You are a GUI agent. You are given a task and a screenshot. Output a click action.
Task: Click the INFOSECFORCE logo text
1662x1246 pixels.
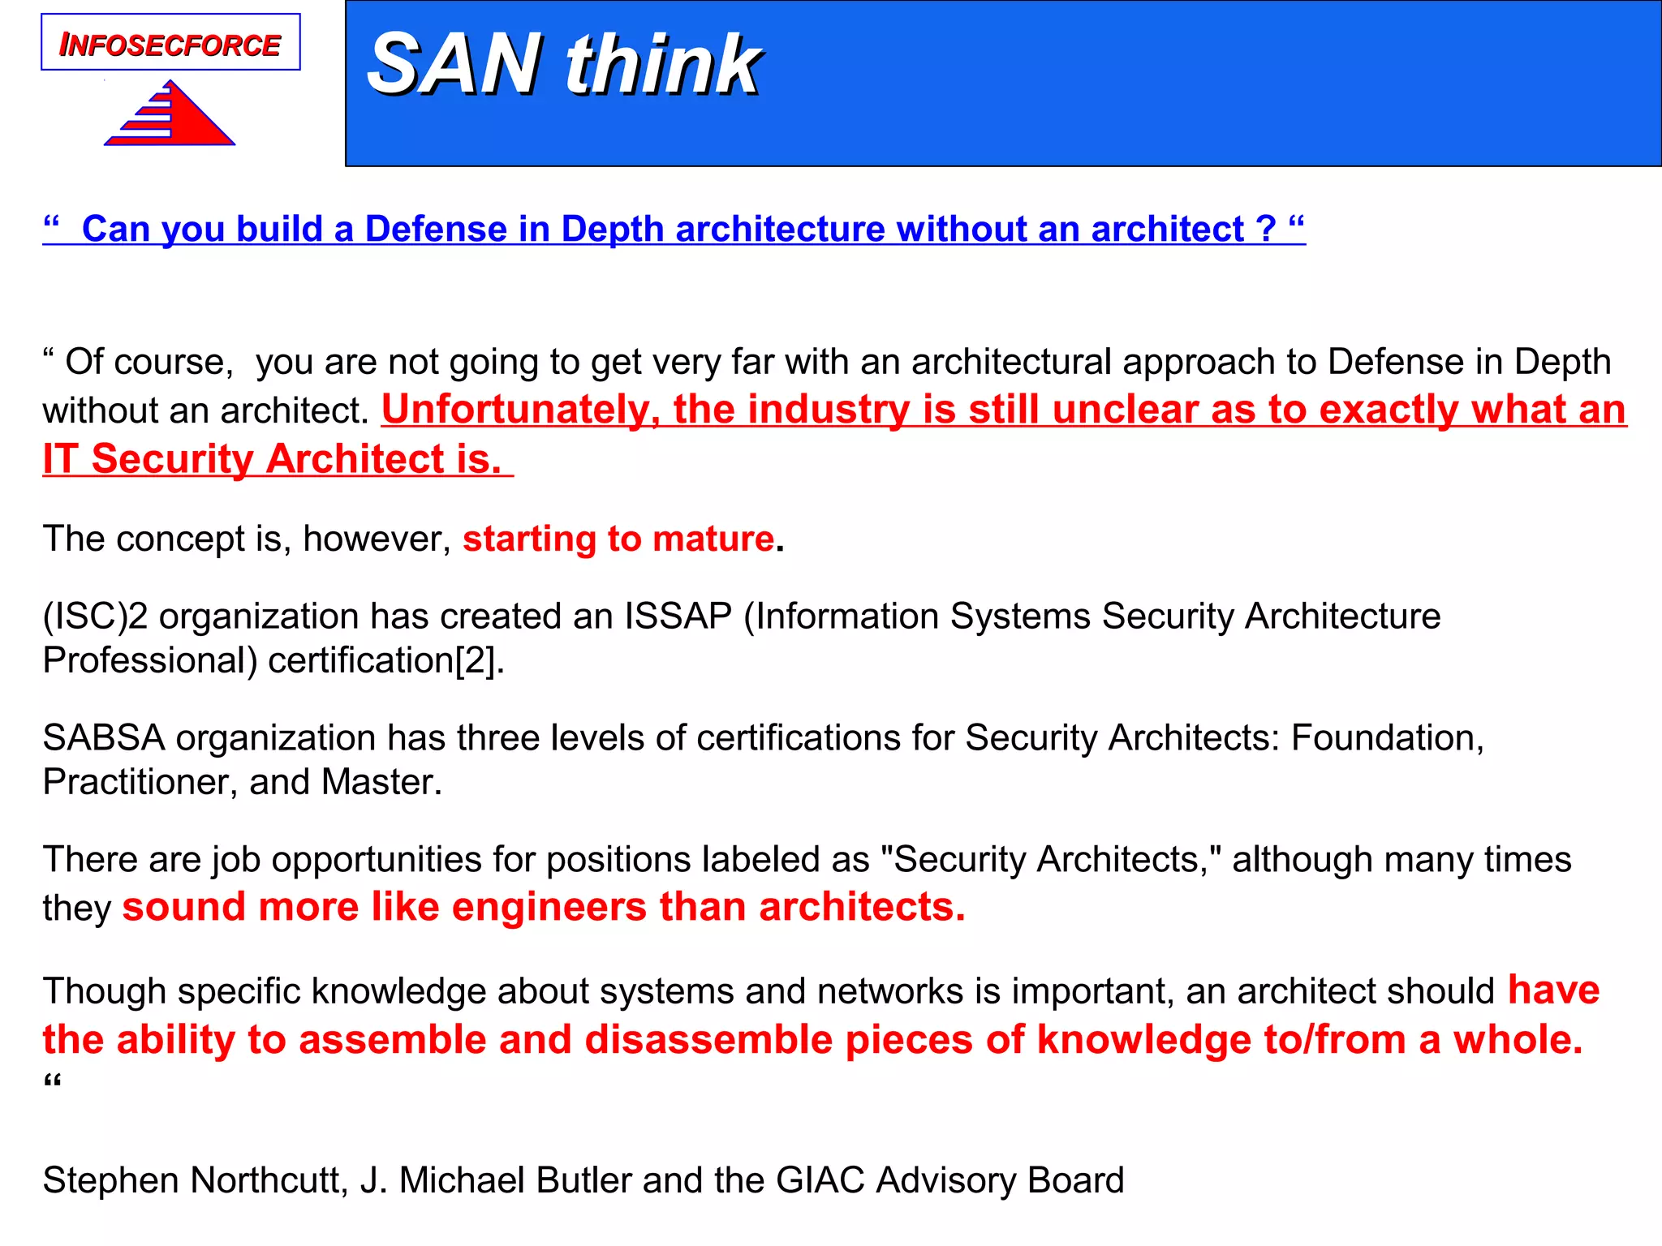[170, 45]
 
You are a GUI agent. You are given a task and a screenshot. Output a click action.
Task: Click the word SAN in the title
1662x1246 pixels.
[454, 65]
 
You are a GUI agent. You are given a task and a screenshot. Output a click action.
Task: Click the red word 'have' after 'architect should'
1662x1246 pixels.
[1553, 990]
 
